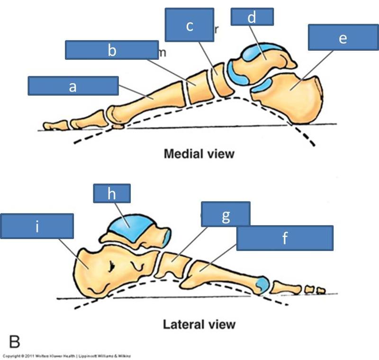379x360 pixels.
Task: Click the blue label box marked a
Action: coord(72,86)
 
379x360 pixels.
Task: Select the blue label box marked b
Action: coord(112,50)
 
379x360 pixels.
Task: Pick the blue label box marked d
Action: coord(252,17)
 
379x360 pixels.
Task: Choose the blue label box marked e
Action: coord(343,37)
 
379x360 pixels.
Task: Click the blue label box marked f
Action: coord(285,238)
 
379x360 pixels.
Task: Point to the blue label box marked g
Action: coord(226,215)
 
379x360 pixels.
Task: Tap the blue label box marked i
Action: coord(37,226)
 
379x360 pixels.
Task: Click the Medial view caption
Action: coord(199,154)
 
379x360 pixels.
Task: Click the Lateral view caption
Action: coord(199,324)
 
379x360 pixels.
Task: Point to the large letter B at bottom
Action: coord(15,341)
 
